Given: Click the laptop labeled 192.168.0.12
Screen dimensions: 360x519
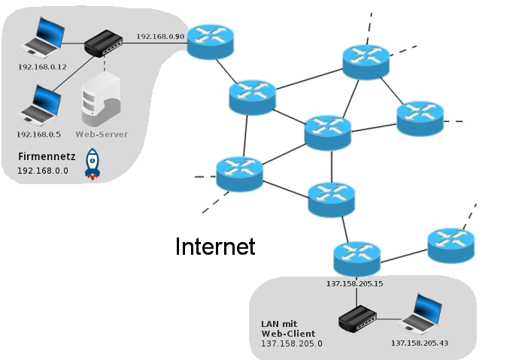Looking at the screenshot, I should [x=42, y=38].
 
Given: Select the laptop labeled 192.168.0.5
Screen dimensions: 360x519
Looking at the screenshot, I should [x=39, y=105].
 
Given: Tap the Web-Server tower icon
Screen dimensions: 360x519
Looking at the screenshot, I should [x=101, y=100].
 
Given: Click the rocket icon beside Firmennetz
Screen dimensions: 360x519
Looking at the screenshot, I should [x=93, y=165].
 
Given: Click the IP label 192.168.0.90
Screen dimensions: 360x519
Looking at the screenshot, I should [x=159, y=35].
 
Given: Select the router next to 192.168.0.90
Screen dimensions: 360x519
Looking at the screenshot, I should [x=211, y=41].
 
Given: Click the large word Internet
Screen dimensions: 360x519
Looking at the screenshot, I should [x=215, y=247].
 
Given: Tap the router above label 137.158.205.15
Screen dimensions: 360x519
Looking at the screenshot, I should [x=357, y=259].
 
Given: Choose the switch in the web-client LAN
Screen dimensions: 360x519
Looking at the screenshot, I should [x=357, y=319].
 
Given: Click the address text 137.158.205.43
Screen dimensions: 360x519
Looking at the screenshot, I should [x=419, y=343].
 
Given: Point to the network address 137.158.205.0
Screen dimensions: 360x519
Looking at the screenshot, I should [x=291, y=343].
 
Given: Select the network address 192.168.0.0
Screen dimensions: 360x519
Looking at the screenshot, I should [x=43, y=171].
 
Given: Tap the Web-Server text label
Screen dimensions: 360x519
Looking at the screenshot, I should [x=102, y=135].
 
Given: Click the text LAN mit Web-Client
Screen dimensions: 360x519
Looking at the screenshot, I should [x=287, y=328].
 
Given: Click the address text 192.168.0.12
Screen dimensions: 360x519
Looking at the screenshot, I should [x=42, y=66].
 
